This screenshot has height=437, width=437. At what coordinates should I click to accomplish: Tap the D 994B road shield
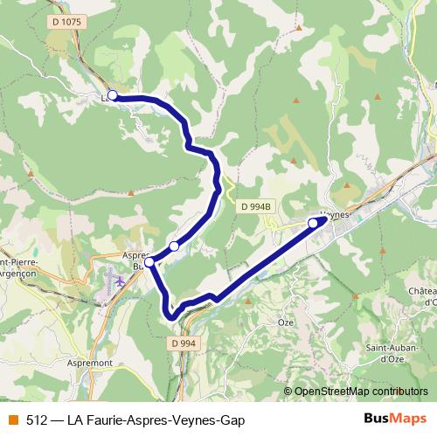(x=256, y=206)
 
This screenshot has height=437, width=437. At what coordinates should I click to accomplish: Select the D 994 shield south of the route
(x=184, y=343)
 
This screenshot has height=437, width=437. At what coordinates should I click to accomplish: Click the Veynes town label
(x=336, y=213)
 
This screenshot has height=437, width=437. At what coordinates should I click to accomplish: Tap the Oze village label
(x=285, y=322)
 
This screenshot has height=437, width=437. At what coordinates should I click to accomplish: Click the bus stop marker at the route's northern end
(x=112, y=95)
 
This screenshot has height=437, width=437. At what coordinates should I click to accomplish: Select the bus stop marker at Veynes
(x=313, y=224)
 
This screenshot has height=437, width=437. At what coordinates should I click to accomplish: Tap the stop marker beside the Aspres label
(x=149, y=261)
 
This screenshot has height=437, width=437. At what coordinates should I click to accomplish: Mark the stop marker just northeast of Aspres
(x=174, y=246)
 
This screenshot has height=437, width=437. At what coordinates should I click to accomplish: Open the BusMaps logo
(x=396, y=419)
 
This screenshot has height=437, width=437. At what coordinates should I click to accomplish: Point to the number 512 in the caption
(x=37, y=420)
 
